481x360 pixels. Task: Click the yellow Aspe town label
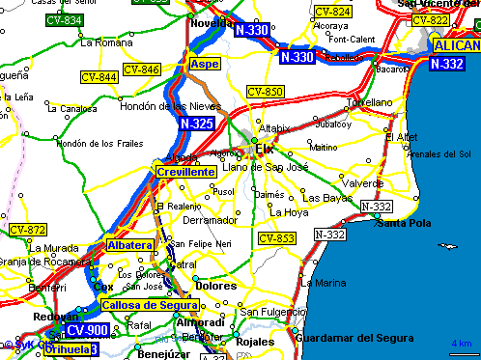click(205, 64)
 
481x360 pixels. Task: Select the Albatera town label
click(130, 246)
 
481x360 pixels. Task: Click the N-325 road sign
click(196, 124)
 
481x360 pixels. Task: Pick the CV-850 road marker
click(265, 92)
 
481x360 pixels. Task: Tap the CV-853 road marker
click(276, 238)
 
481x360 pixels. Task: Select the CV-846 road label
click(142, 69)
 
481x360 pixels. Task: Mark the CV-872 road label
click(28, 230)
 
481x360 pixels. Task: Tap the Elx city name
click(265, 148)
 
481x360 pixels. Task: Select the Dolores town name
click(215, 286)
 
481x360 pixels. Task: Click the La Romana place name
click(105, 42)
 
